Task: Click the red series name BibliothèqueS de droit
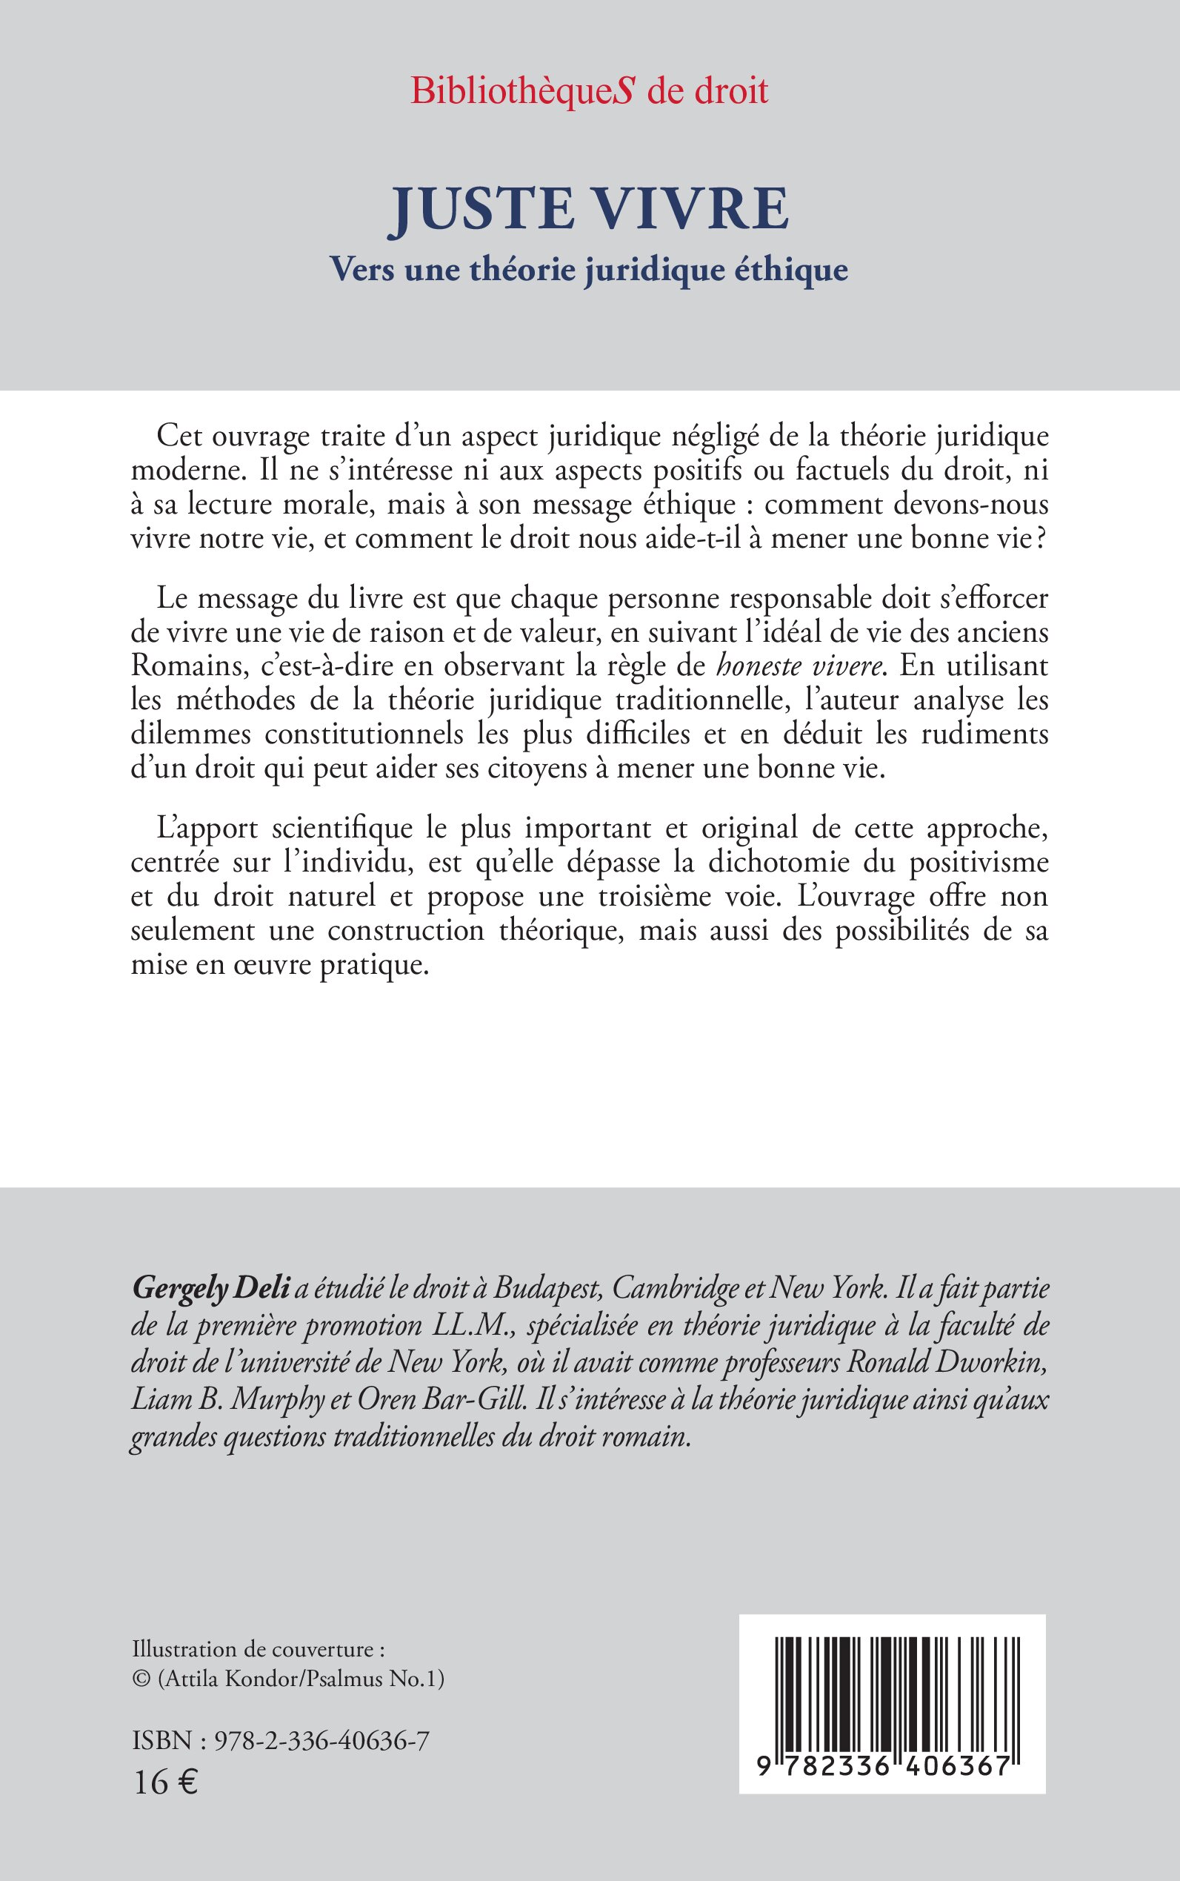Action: click(x=589, y=91)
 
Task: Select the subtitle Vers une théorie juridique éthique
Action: click(x=589, y=269)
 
